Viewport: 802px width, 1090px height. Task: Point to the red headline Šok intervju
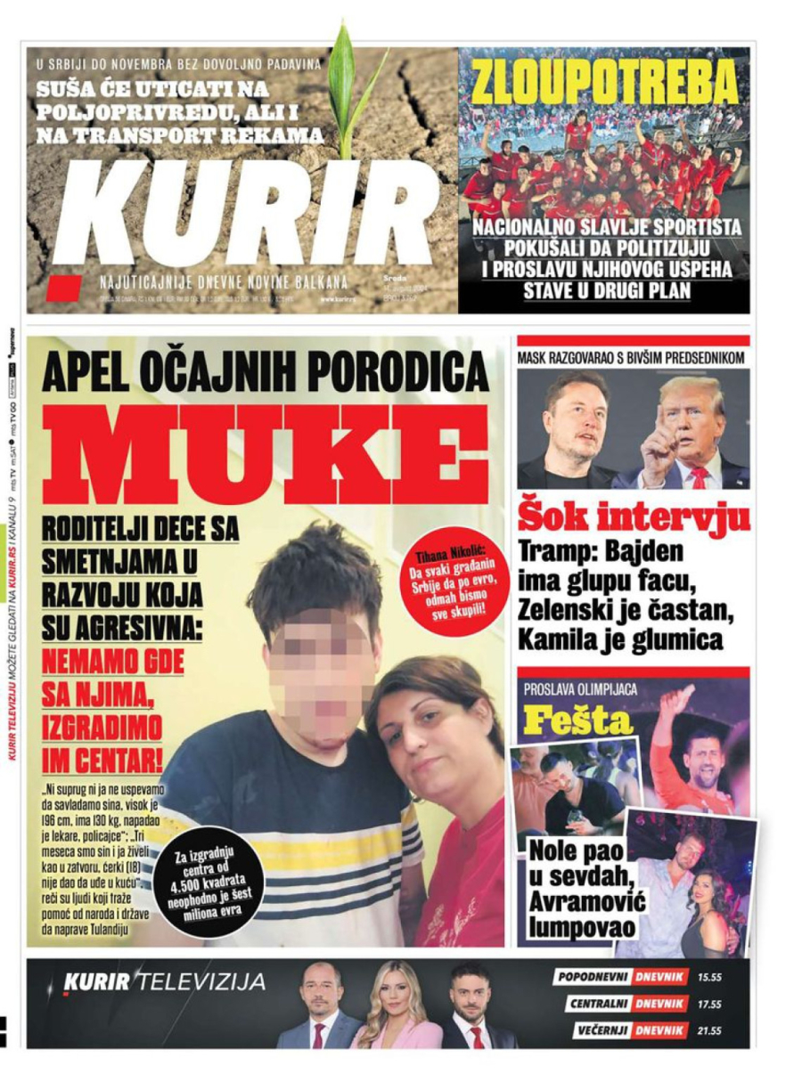(634, 517)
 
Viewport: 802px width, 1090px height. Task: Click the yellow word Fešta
(578, 720)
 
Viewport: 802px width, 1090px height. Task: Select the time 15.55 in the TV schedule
(709, 977)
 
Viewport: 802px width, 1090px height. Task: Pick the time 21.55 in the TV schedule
(709, 1030)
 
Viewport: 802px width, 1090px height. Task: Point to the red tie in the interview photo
(699, 477)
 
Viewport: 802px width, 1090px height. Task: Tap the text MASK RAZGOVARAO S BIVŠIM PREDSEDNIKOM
(632, 358)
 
